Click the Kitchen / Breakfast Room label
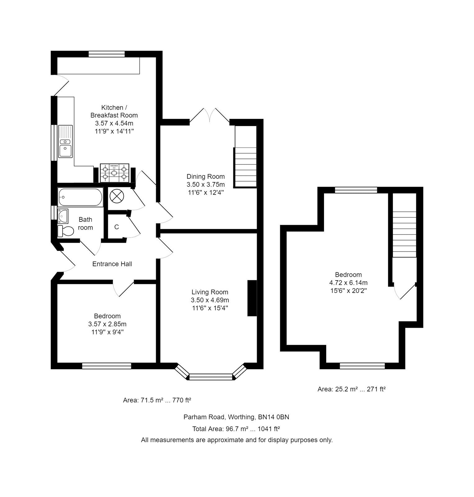coord(114,111)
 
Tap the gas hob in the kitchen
coord(115,173)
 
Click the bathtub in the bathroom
coord(80,197)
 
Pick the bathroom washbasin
coord(63,215)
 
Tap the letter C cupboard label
coord(116,227)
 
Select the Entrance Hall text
coord(112,264)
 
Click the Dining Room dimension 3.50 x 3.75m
coord(206,185)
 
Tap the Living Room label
coord(210,292)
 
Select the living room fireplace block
coord(252,298)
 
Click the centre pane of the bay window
coord(211,377)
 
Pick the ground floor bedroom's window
coord(107,366)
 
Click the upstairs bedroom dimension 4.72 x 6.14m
coord(348,283)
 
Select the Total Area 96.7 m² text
coord(236,429)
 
